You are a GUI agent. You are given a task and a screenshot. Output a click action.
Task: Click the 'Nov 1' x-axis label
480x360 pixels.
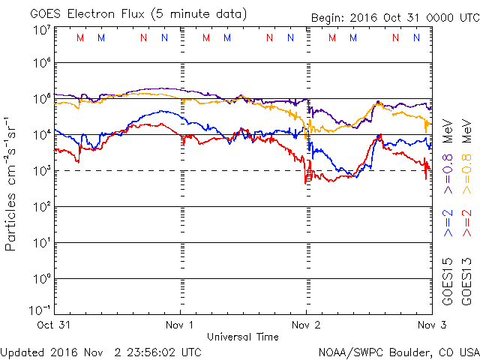pyautogui.click(x=180, y=325)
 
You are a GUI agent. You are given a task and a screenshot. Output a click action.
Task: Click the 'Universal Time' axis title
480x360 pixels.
pyautogui.click(x=243, y=337)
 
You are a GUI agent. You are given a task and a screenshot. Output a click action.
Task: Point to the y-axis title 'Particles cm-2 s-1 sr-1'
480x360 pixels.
pyautogui.click(x=11, y=183)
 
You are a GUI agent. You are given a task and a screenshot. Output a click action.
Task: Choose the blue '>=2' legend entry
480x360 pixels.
pyautogui.click(x=447, y=222)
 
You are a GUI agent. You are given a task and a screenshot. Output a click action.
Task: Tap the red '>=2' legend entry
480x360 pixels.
pyautogui.click(x=467, y=222)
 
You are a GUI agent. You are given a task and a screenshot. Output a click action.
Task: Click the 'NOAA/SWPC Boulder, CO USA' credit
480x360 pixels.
pyautogui.click(x=398, y=351)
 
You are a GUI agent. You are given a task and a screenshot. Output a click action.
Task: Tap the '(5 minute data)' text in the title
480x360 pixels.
pyautogui.click(x=199, y=13)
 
